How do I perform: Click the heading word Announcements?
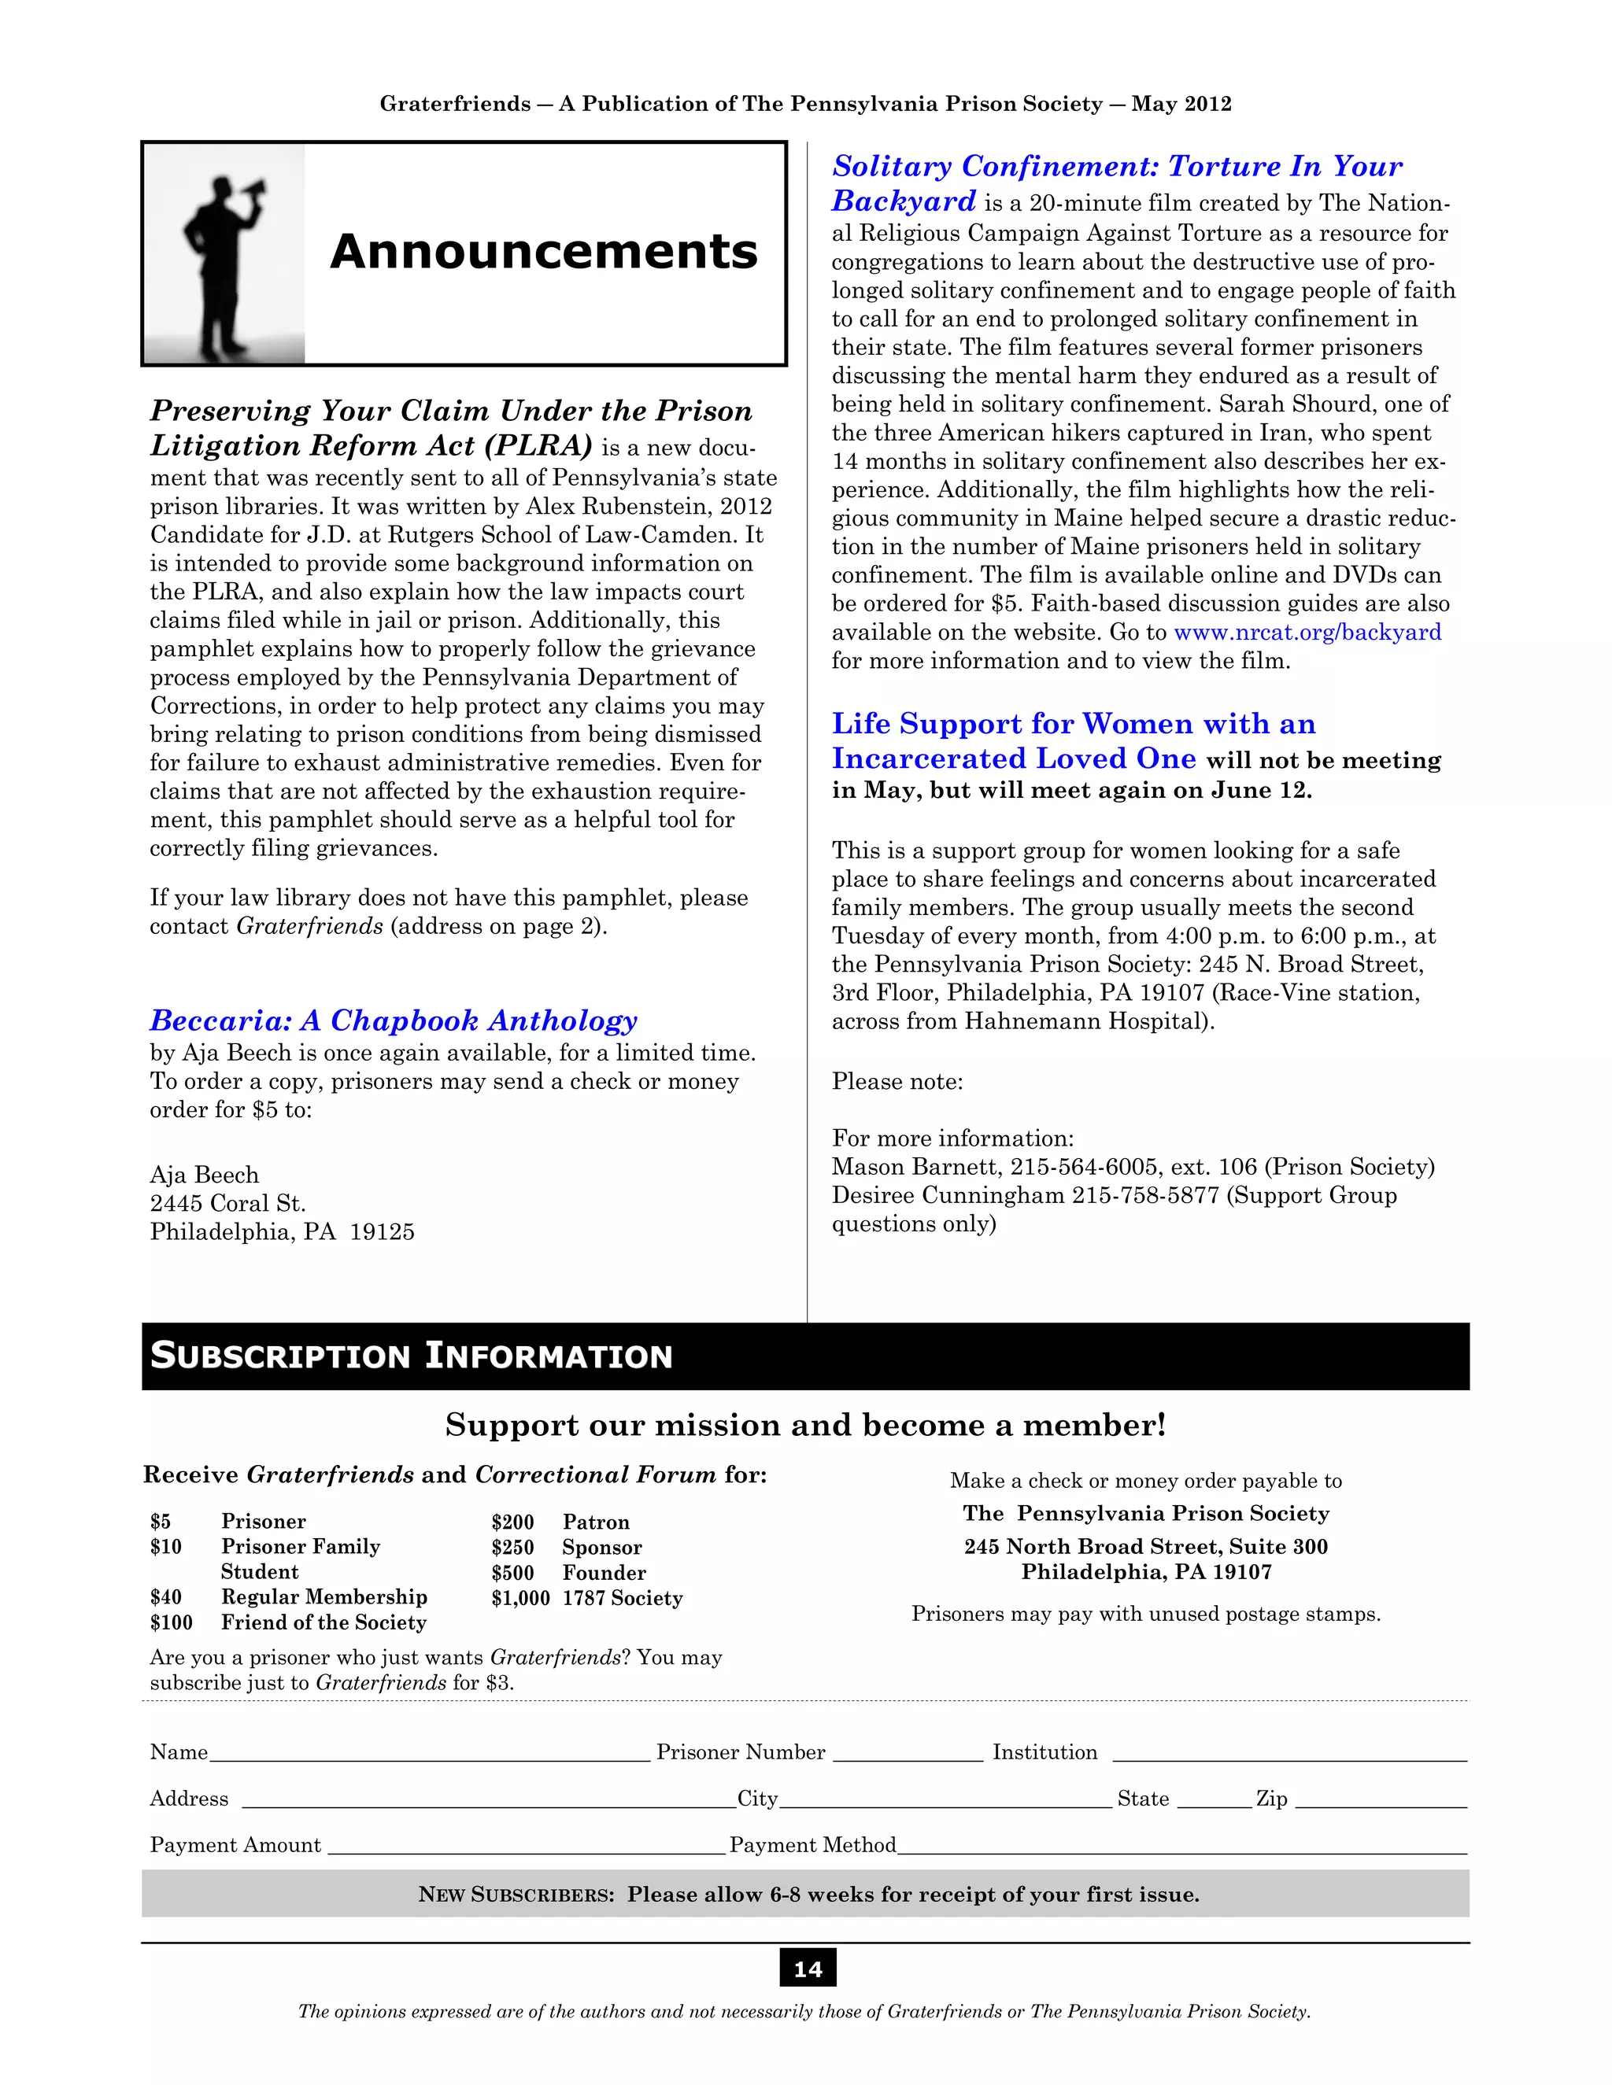point(543,252)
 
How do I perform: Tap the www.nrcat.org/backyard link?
point(1307,632)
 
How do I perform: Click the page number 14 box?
point(807,1969)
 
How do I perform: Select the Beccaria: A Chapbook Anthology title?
point(394,1020)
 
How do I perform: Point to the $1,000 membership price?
point(520,1598)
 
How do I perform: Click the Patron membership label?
point(596,1522)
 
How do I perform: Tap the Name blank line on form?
point(430,1755)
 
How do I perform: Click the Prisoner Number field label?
point(740,1753)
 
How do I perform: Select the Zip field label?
point(1271,1799)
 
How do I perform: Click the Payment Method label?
point(812,1844)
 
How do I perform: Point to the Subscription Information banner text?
point(412,1356)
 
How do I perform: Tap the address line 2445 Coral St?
point(227,1203)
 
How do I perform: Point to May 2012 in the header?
point(1181,104)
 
